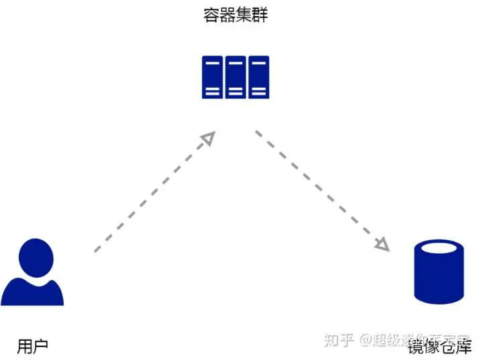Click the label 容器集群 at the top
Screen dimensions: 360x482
pyautogui.click(x=236, y=15)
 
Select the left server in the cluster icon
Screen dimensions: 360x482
pyautogui.click(x=212, y=77)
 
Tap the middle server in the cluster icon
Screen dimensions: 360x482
pyautogui.click(x=235, y=77)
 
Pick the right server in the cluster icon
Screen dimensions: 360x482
pyautogui.click(x=258, y=77)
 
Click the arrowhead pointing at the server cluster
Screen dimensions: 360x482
pyautogui.click(x=209, y=138)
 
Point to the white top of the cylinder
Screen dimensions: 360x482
pyautogui.click(x=438, y=249)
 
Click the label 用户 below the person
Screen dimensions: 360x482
pyautogui.click(x=33, y=345)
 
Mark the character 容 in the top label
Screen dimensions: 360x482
pyautogui.click(x=212, y=15)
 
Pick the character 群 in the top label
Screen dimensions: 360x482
pyautogui.click(x=260, y=15)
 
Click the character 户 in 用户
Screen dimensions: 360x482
pyautogui.click(x=41, y=345)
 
